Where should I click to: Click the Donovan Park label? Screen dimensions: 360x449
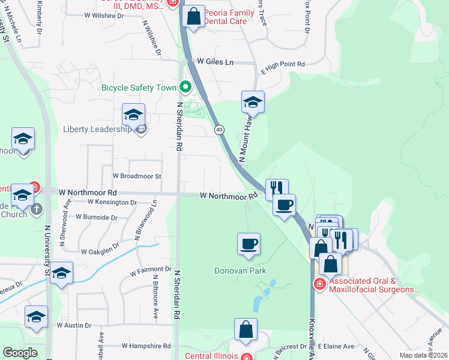240,271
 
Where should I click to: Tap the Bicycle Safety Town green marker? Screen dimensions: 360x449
185,88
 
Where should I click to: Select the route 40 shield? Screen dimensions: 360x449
220,129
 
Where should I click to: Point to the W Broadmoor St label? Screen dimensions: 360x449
137,176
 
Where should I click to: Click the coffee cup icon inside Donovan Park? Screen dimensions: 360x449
249,244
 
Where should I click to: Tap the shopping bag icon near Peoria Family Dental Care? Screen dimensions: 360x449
193,17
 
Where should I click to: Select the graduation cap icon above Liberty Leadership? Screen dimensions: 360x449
133,115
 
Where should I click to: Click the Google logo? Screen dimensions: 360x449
20,353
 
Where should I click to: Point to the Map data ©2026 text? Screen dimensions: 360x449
423,355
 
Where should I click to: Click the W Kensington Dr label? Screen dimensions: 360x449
112,203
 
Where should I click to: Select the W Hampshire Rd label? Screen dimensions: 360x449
146,346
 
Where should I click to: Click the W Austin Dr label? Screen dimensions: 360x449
74,325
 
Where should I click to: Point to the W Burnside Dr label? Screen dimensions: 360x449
100,215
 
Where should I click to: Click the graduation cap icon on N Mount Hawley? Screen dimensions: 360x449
253,103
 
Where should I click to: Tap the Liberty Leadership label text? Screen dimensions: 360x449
97,129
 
